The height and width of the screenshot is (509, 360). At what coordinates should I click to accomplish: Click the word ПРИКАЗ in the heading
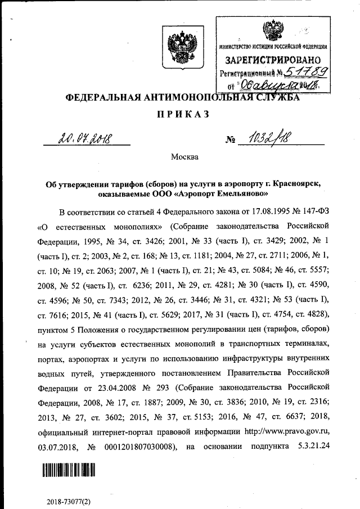(181, 114)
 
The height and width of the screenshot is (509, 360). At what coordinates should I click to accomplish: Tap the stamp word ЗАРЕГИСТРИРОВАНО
(273, 60)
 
